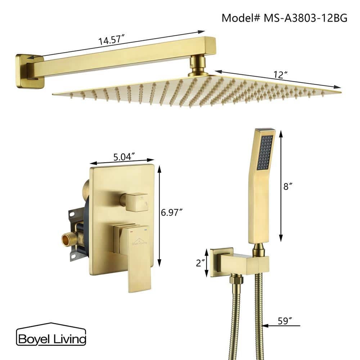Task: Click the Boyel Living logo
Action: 51,338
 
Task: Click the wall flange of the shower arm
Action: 29,71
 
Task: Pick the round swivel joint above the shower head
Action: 198,65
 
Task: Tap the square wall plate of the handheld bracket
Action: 220,262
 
